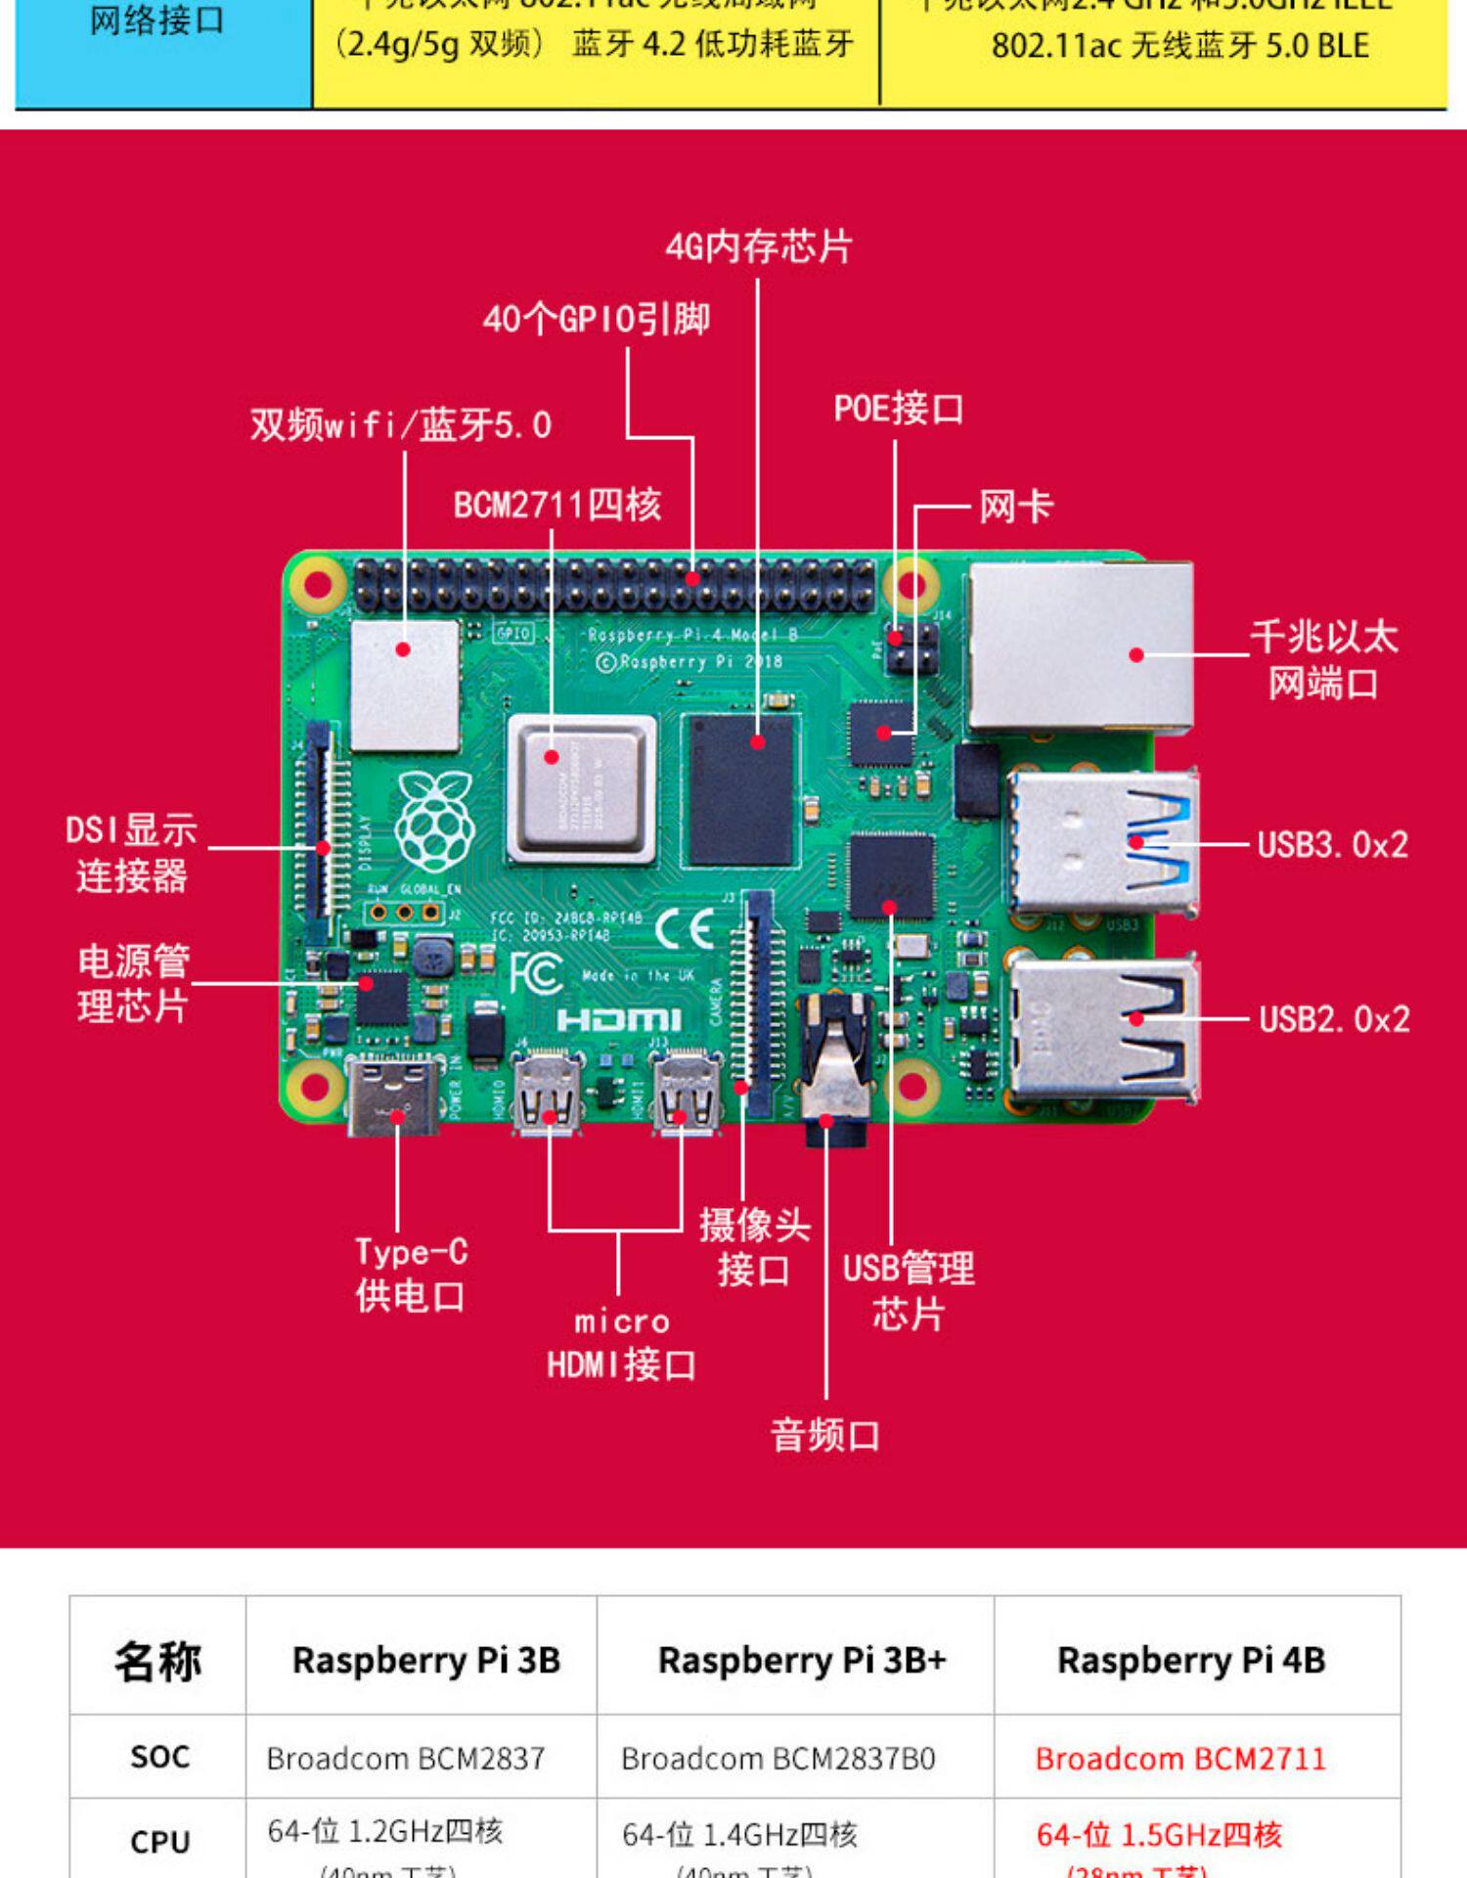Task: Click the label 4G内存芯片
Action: (759, 246)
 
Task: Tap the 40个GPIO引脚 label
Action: (596, 319)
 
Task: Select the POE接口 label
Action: (898, 409)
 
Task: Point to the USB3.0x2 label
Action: (1332, 844)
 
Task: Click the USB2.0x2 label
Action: (1334, 1019)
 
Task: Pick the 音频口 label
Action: (824, 1435)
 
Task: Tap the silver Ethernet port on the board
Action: (1081, 648)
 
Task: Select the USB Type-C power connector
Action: (393, 1097)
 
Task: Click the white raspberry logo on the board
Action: (434, 822)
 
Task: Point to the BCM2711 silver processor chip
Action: (582, 788)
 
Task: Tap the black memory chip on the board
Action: (739, 790)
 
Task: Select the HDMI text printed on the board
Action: (618, 1020)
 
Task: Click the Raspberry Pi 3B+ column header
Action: (802, 1660)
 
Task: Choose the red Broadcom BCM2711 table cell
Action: (1180, 1759)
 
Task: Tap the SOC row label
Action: (159, 1757)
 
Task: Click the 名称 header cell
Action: (157, 1660)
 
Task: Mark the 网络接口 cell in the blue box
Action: (156, 22)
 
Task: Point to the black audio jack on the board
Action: (833, 1071)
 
